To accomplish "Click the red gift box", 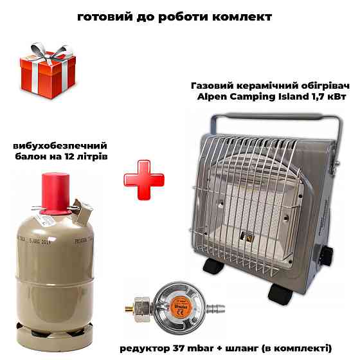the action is tap(48, 76).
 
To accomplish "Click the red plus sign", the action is tap(144, 180).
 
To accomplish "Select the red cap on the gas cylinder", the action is tap(55, 194).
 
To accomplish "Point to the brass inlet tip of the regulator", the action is tap(129, 309).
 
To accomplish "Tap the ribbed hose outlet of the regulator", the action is tap(215, 309).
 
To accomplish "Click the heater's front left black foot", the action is tap(213, 266).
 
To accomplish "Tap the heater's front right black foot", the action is tap(280, 294).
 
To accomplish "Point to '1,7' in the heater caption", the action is tap(319, 97).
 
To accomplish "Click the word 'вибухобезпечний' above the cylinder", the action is tap(60, 146).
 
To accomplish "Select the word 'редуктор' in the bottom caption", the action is tap(145, 348).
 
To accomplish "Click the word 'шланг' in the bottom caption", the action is tap(242, 348).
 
